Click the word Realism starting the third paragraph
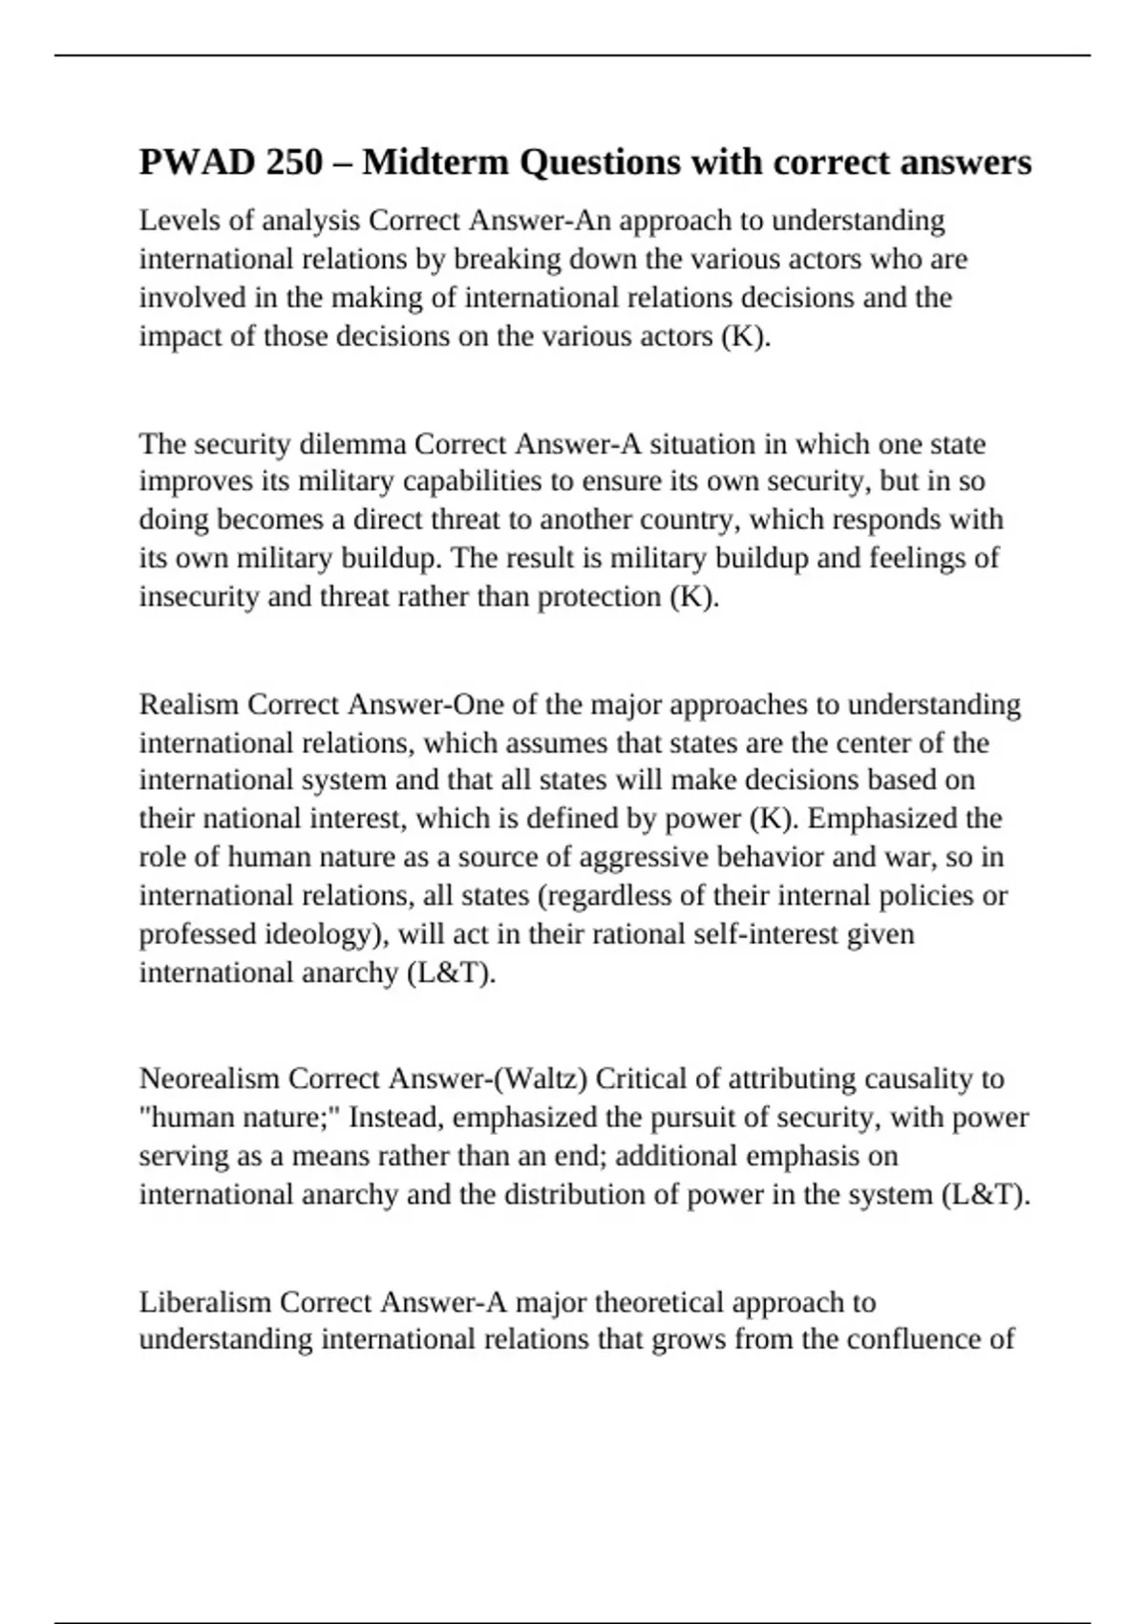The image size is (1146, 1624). point(189,705)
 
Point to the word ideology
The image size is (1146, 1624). point(323,934)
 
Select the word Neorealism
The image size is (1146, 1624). point(209,1079)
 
